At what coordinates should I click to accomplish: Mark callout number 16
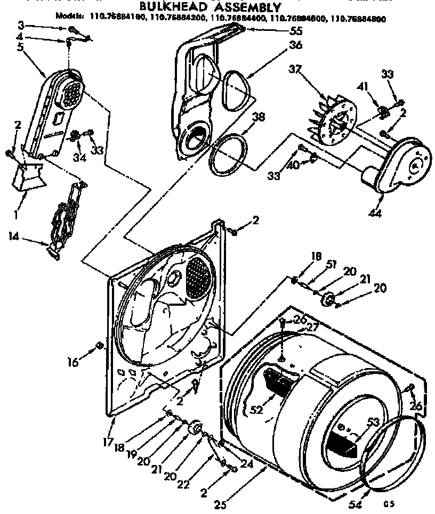74,362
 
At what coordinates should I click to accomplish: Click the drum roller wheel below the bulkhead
195,428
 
